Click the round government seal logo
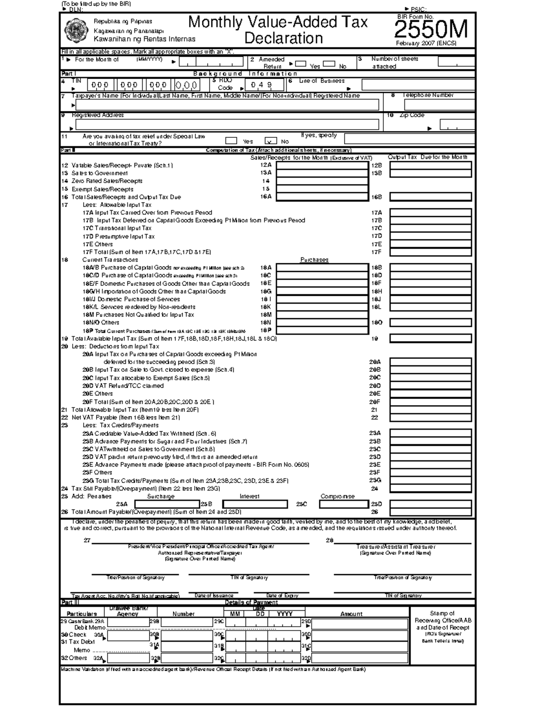75,30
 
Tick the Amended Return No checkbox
329,64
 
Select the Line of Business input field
418,85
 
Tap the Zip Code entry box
457,125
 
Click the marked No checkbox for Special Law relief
271,141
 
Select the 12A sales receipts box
322,165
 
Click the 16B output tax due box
430,197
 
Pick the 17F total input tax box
430,252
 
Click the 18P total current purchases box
322,330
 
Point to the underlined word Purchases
314,260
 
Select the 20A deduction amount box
430,362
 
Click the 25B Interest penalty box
255,504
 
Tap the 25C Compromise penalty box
344,504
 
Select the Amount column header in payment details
351,614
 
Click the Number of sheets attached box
456,61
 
